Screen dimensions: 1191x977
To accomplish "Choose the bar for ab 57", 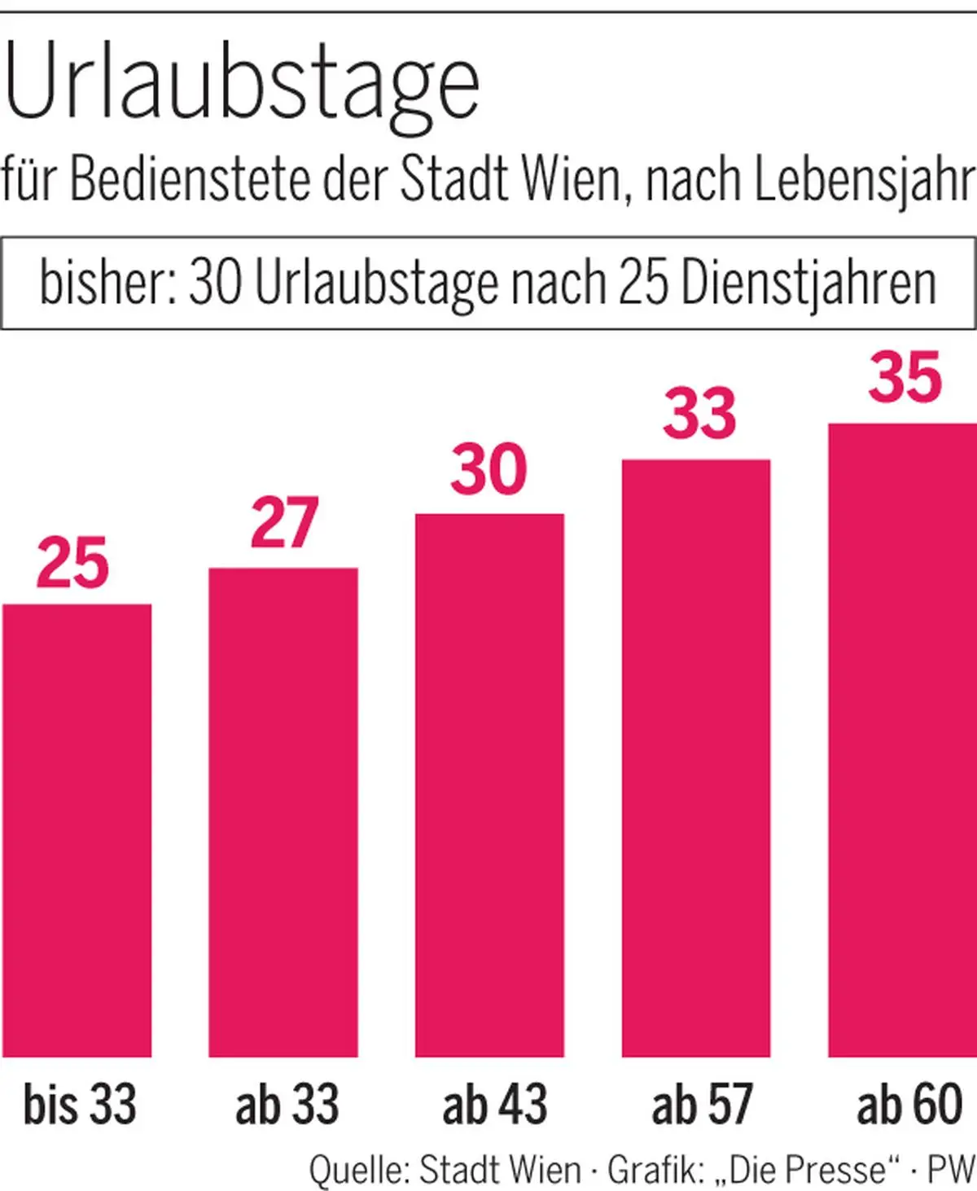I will [x=696, y=758].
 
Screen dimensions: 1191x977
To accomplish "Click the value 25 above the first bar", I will [x=72, y=564].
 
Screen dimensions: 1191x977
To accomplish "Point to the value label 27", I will [x=283, y=524].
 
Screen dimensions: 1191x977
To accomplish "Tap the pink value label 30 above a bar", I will [x=488, y=470].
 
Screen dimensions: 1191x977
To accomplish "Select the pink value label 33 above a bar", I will [x=699, y=415].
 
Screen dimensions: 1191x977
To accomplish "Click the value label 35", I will [x=905, y=378].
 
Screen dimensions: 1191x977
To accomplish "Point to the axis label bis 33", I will [x=79, y=1105].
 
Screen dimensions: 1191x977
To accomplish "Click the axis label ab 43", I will [x=494, y=1105].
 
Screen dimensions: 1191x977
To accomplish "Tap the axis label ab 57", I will [x=701, y=1105].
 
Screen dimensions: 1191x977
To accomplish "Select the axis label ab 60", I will [x=909, y=1105].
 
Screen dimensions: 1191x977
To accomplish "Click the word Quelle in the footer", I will [x=357, y=1170].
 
